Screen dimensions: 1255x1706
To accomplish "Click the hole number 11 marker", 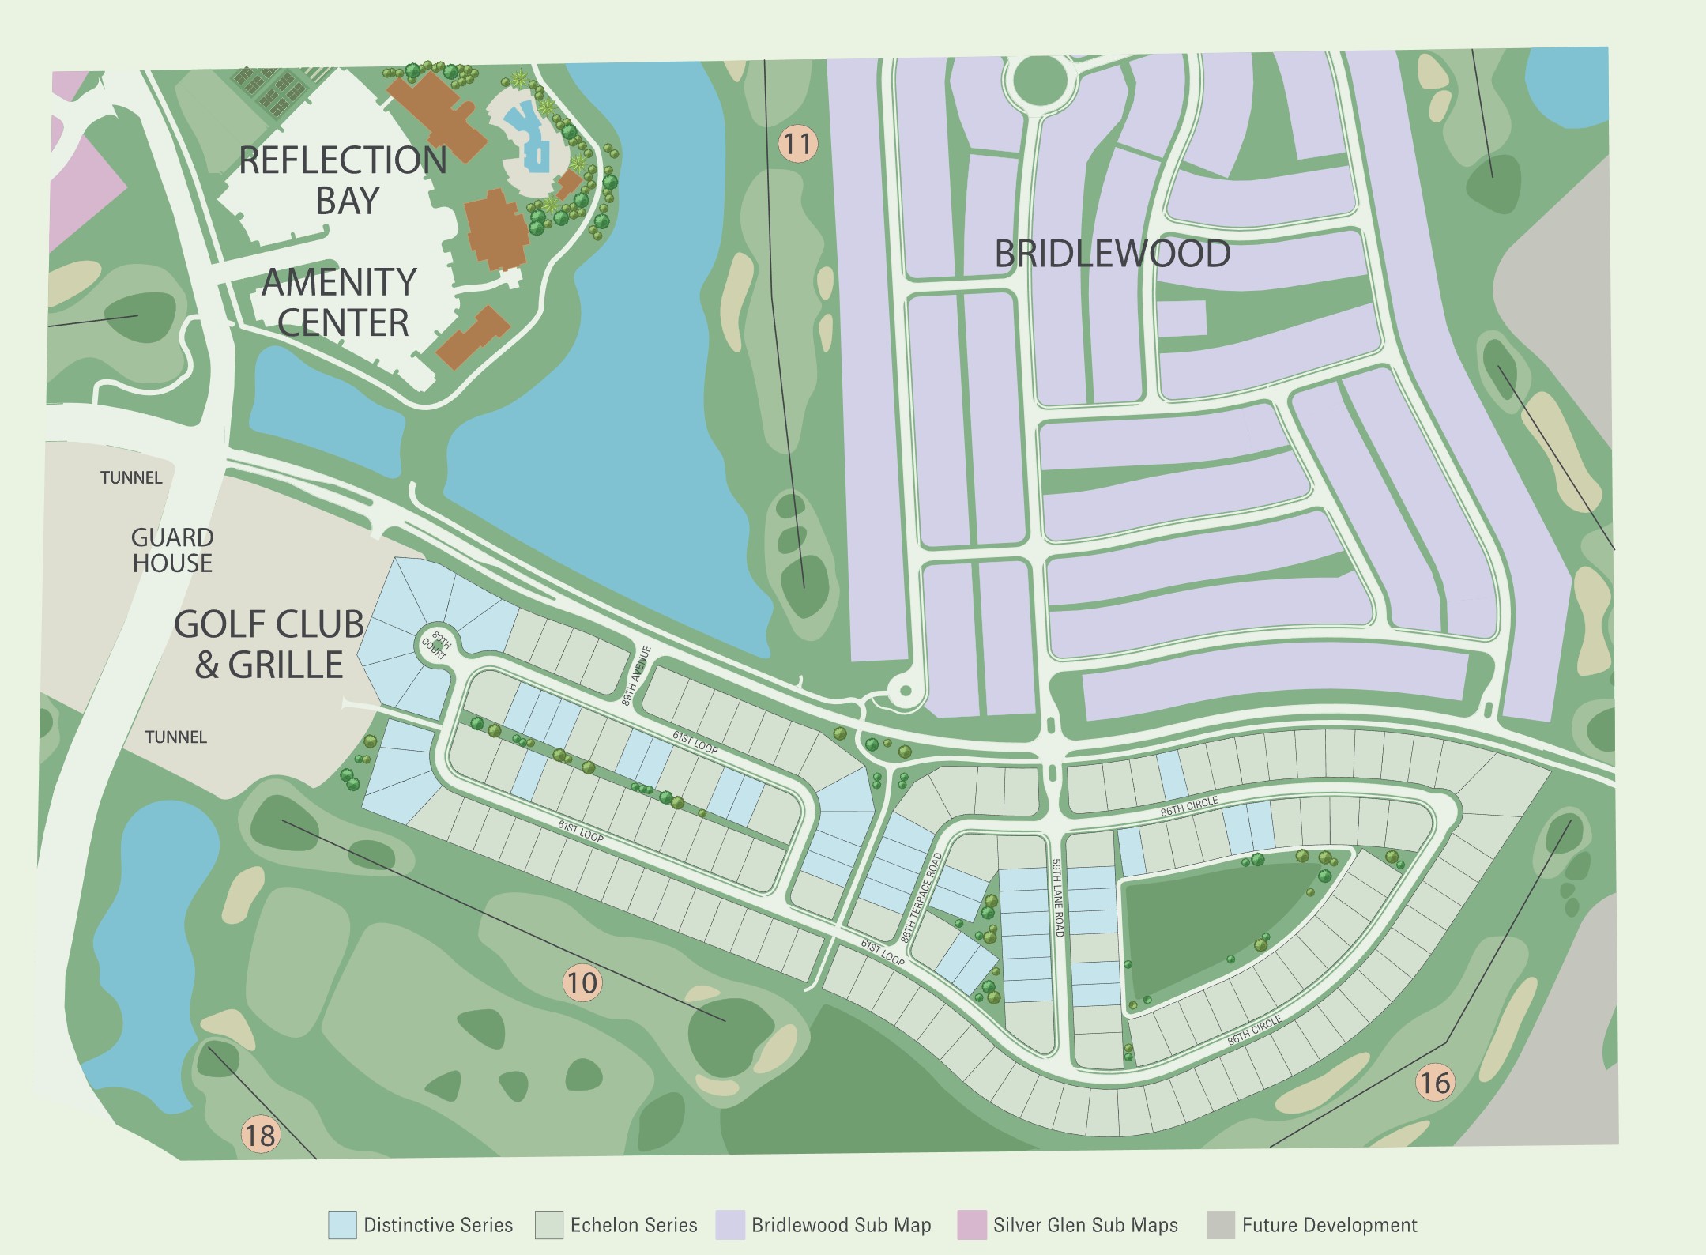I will point(797,144).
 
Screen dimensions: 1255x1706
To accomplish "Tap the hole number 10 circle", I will point(582,982).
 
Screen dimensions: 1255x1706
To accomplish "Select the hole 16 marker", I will point(1434,1082).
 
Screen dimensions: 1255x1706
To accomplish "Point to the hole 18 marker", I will point(260,1136).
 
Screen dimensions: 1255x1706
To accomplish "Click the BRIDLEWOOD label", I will point(1112,254).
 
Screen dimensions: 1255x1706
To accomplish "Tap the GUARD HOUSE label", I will point(172,550).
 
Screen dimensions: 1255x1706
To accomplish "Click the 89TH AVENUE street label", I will point(636,676).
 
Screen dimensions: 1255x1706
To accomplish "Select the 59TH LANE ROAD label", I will point(1057,898).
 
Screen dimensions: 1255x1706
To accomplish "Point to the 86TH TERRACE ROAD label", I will point(922,897).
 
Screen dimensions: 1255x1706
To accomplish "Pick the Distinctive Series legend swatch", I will point(342,1225).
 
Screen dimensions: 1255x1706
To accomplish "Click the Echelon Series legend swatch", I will point(548,1225).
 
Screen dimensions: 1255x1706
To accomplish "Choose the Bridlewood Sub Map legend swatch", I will point(730,1225).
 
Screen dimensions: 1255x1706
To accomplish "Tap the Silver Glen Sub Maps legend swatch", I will point(971,1225).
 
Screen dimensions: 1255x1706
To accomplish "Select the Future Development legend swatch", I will point(1221,1225).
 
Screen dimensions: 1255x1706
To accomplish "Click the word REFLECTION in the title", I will point(342,160).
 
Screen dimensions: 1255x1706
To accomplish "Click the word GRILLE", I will point(285,665).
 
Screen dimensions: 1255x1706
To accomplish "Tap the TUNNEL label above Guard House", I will point(131,477).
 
